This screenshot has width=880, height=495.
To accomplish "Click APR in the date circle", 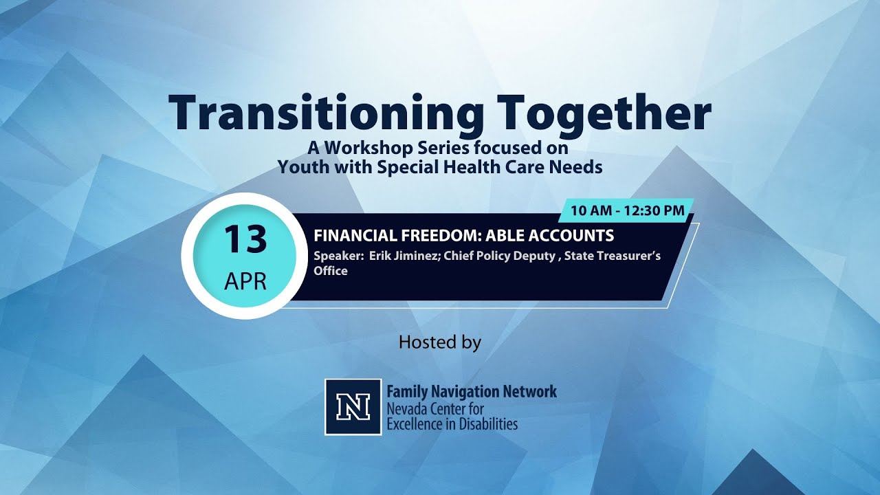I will pyautogui.click(x=245, y=282).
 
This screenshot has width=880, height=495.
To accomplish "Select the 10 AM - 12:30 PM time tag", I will pyautogui.click(x=628, y=210).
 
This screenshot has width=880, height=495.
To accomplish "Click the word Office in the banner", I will pyautogui.click(x=331, y=271).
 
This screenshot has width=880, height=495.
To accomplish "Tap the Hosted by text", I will pyautogui.click(x=439, y=342).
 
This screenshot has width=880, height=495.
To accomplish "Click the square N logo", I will pyautogui.click(x=353, y=407).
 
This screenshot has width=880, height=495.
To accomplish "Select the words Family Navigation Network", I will pyautogui.click(x=472, y=392).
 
